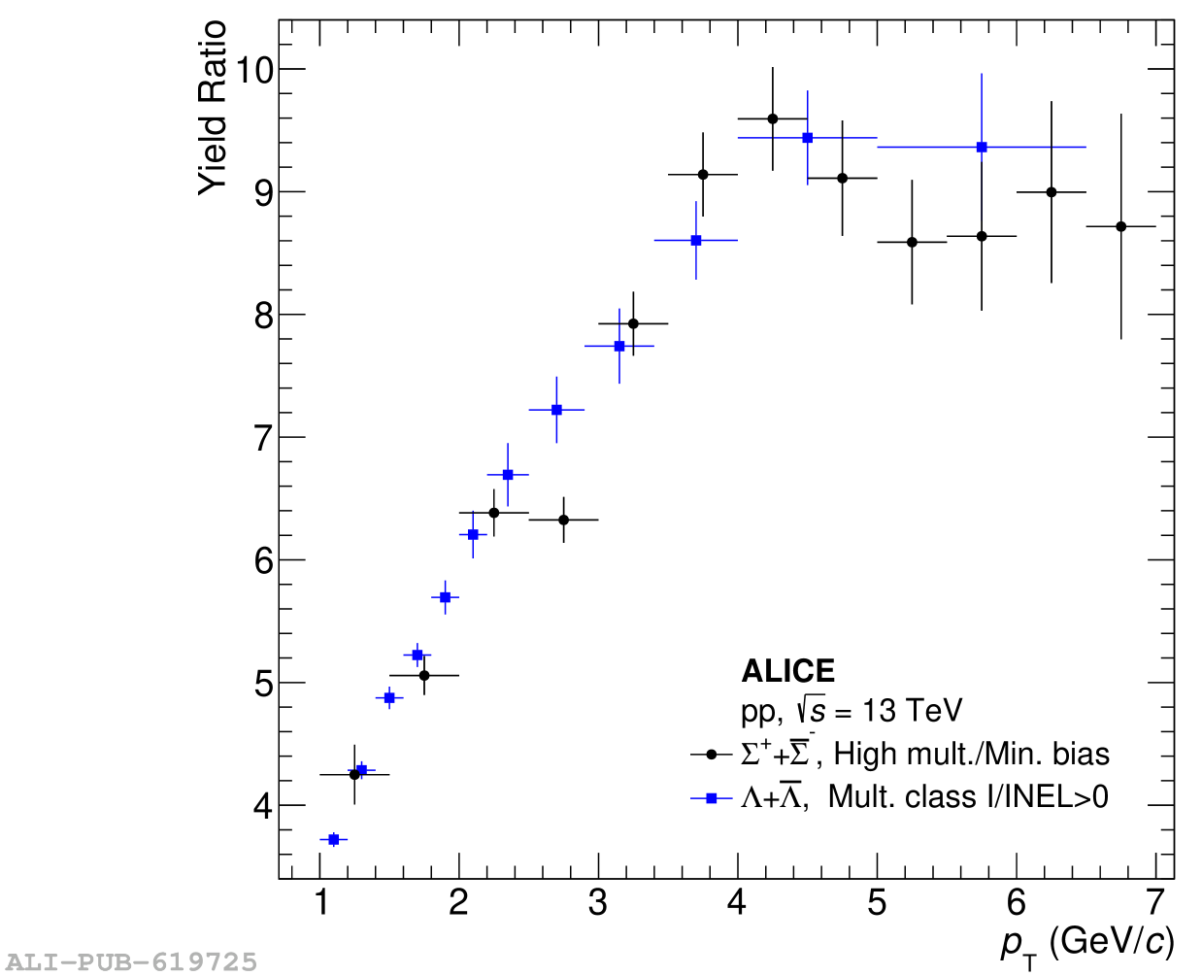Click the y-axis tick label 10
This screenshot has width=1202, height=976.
249,70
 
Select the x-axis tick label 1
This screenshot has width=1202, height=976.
320,903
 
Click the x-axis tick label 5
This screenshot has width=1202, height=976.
877,903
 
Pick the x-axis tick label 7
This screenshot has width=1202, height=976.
1154,903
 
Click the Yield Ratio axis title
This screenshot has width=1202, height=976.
213,108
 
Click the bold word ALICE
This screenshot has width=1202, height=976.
787,671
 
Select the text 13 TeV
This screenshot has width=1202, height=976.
912,711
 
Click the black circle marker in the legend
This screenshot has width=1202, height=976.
711,755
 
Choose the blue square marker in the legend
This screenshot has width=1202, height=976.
711,797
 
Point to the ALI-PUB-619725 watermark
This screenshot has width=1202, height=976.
129,962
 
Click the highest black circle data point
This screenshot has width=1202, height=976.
772,118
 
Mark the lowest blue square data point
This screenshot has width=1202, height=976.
334,839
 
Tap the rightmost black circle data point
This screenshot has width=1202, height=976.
1120,226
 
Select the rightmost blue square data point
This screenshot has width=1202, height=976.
982,147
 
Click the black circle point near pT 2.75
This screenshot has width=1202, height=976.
563,520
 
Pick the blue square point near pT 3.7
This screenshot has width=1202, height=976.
696,240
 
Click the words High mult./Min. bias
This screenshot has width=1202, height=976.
971,755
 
